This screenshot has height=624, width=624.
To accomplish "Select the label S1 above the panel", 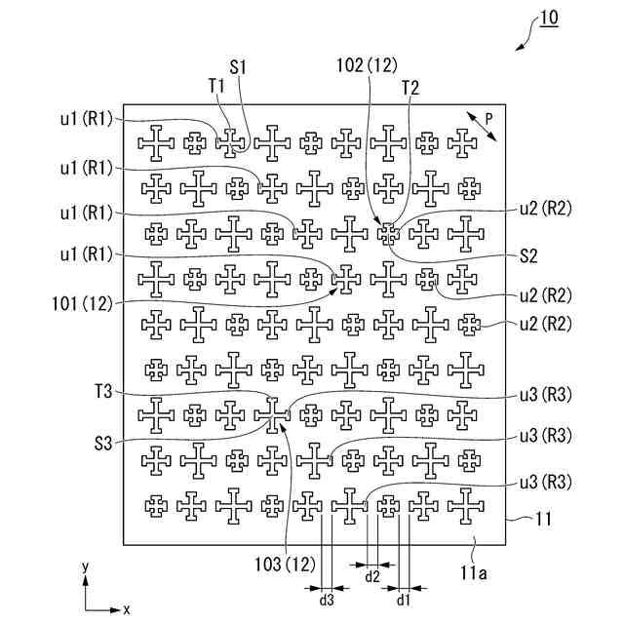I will pos(239,68).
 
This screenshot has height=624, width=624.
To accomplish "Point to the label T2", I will pos(410,87).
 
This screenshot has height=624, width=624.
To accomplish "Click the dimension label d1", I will pos(403,601).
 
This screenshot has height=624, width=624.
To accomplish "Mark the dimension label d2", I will pos(371,576).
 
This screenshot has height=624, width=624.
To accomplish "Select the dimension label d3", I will pos(327,601).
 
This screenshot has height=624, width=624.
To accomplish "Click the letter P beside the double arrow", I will pos(488,116).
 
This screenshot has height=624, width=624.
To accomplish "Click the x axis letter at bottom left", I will pos(127,609).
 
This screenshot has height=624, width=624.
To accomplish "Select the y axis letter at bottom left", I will pos(86,566).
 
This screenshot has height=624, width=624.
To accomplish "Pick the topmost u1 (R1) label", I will pos(85,120).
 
